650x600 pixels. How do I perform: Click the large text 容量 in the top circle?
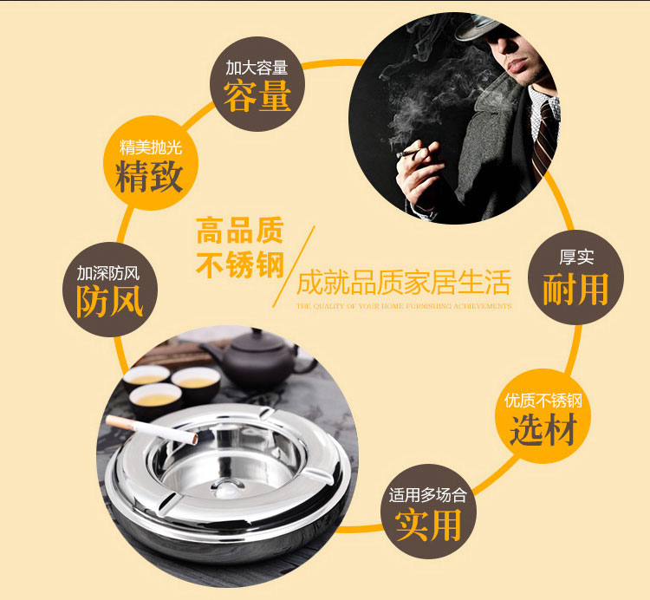[257, 95]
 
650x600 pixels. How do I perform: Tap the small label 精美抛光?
[151, 147]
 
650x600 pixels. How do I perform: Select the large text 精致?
[149, 177]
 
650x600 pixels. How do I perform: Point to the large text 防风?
[110, 302]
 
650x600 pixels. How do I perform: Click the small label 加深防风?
[108, 273]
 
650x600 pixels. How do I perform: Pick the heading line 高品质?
[240, 231]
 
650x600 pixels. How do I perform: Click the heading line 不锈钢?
[240, 264]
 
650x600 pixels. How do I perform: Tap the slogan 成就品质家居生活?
[403, 283]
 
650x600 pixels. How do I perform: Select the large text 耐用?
[575, 289]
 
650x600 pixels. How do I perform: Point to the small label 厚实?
[576, 258]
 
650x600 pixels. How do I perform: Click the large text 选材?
[543, 428]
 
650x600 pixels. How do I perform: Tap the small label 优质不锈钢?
[543, 400]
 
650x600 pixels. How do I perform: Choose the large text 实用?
[428, 525]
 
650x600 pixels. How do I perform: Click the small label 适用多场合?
[427, 495]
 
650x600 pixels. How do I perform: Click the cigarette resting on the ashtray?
[152, 430]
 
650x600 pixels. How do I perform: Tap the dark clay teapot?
[257, 360]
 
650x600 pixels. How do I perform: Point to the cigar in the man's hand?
[408, 153]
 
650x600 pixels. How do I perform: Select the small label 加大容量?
[257, 68]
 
